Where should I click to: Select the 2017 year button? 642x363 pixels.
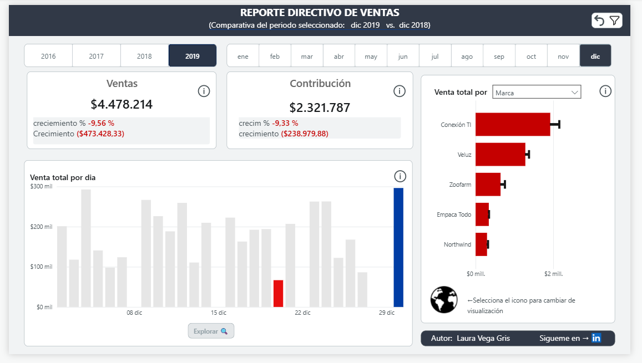(97, 56)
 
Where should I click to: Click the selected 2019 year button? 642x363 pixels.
(193, 56)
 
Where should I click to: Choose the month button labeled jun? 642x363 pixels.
(403, 56)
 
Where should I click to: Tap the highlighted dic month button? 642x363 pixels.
(595, 56)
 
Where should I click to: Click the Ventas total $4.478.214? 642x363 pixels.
(122, 104)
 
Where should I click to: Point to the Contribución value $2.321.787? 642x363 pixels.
(320, 108)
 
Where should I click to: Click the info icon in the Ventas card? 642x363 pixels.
(204, 91)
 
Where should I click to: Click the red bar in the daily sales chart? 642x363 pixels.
(278, 293)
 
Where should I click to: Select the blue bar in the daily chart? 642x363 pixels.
(398, 247)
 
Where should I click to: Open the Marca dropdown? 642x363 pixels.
(537, 93)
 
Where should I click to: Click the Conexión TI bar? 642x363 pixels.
(512, 124)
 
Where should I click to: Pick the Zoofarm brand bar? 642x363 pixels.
(488, 184)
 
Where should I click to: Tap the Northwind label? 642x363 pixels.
(457, 244)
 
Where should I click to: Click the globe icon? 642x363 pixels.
(443, 300)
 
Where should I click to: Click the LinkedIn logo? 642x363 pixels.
(596, 338)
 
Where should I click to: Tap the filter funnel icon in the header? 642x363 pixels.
(614, 21)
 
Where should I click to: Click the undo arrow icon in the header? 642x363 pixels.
(599, 21)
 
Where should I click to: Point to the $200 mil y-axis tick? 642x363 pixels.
(42, 227)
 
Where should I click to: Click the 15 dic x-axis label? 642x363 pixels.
(219, 313)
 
